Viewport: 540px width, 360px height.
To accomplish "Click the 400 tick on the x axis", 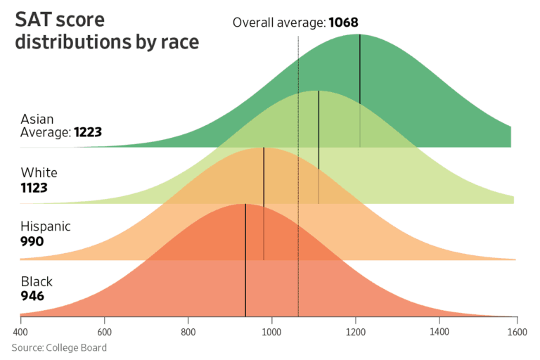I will [20, 331].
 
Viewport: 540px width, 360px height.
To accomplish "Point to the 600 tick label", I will [104, 331].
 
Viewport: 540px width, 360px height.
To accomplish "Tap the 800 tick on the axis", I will [188, 331].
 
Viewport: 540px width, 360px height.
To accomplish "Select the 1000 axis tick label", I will [272, 331].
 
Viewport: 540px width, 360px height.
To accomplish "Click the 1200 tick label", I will [356, 331].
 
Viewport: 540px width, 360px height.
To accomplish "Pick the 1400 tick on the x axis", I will [439, 331].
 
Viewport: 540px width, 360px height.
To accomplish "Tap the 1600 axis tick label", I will [517, 331].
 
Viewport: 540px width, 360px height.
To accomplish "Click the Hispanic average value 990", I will [32, 241].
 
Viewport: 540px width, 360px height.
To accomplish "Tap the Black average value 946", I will [32, 296].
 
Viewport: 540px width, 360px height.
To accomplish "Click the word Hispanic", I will [46, 226].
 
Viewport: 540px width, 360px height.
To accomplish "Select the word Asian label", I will [37, 119].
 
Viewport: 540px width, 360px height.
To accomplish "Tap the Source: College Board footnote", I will [59, 347].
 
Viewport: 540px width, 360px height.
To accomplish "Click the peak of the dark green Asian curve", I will [359, 34].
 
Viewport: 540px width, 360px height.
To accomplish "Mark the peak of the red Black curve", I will [245, 204].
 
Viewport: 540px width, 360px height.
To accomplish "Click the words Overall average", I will [278, 23].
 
